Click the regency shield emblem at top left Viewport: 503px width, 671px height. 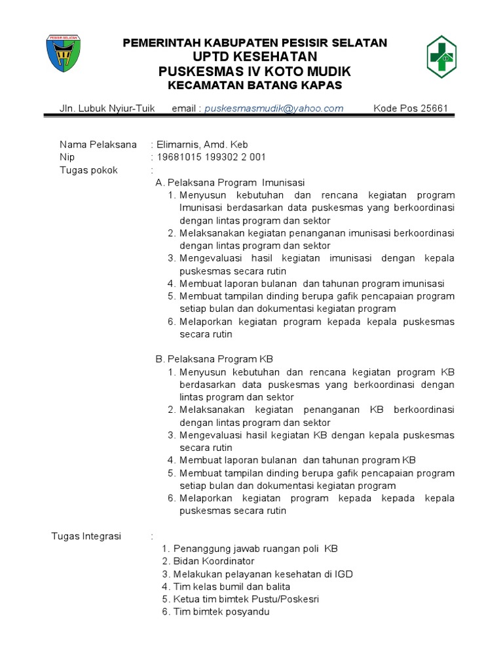64,54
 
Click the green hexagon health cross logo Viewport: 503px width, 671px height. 442,57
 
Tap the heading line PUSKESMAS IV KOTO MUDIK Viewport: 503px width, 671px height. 255,71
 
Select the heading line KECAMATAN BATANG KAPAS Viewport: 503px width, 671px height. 255,86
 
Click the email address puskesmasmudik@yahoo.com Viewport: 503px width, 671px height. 274,108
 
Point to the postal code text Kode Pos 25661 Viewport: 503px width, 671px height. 411,108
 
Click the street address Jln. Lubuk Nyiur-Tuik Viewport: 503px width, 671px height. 107,108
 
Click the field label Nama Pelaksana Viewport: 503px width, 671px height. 98,144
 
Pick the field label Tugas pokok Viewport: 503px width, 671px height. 89,170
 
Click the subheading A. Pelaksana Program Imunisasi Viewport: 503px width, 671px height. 230,182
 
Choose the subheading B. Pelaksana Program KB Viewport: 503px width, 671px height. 214,359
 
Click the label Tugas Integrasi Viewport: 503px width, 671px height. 86,536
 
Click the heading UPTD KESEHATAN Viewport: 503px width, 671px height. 255,57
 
